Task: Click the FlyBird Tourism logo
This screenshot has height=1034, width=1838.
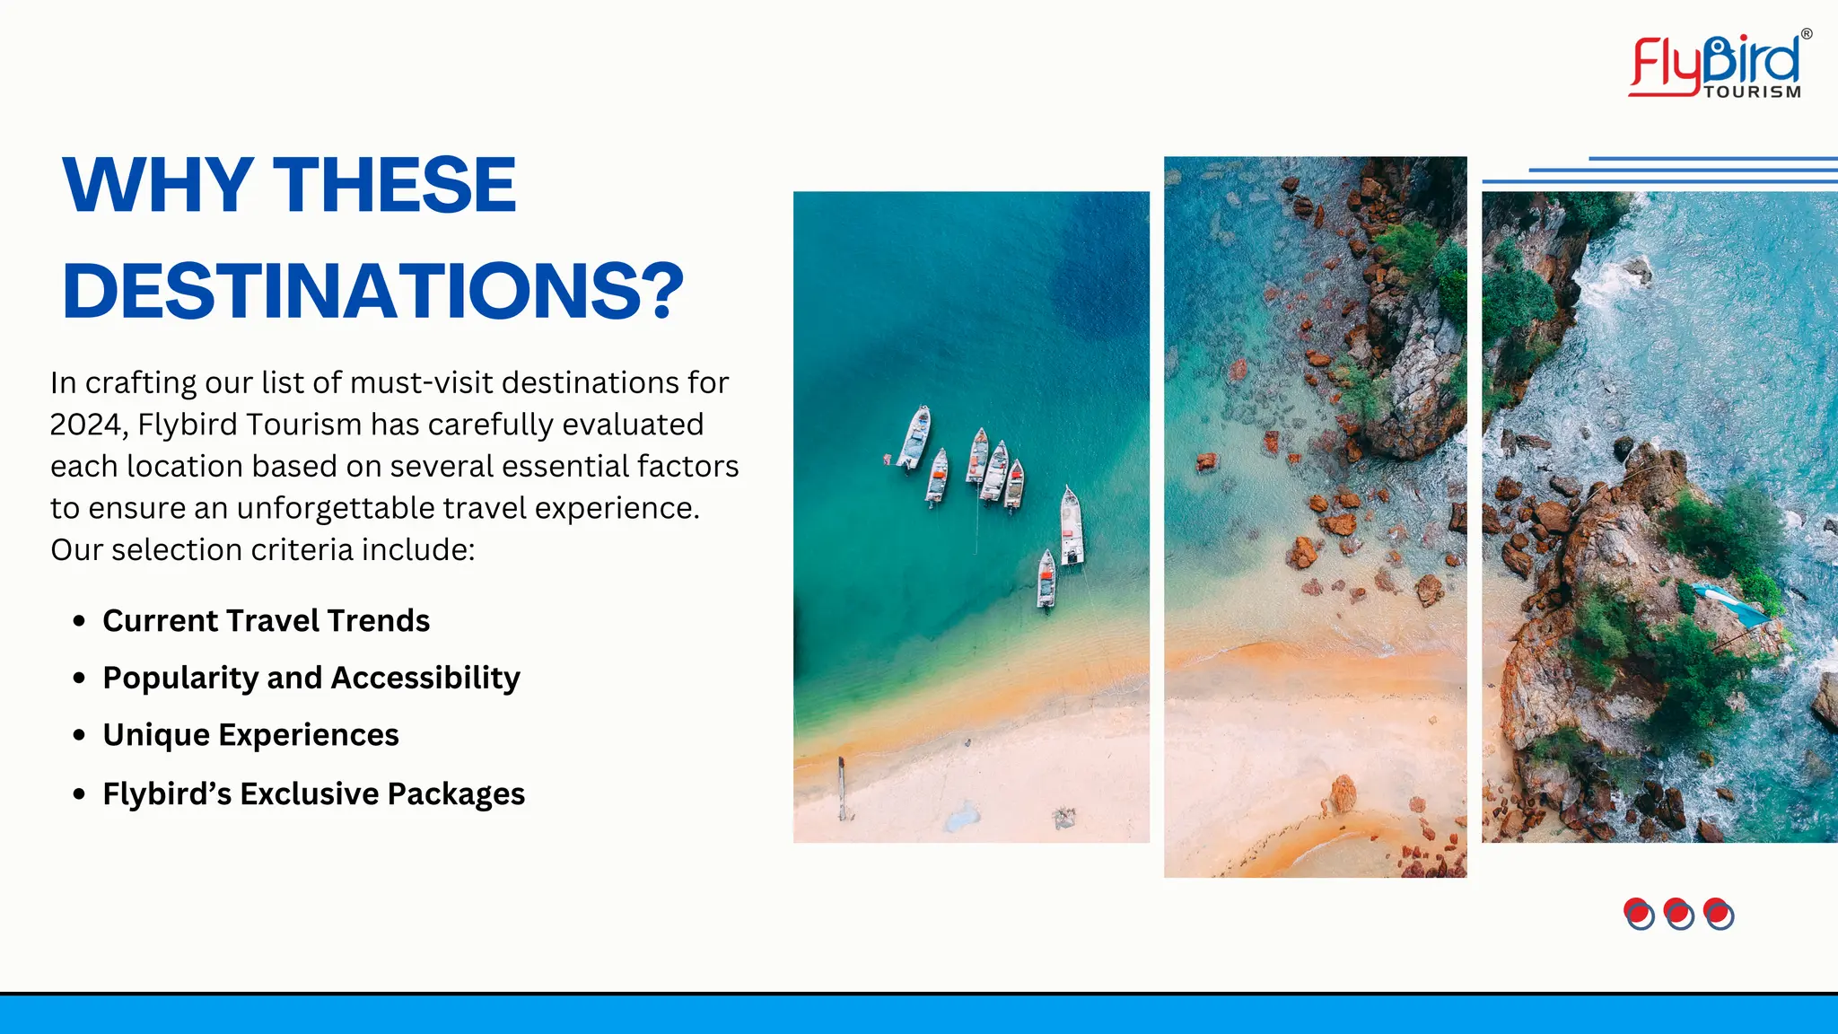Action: click(x=1717, y=65)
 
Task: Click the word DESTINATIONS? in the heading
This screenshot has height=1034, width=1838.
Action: click(x=372, y=292)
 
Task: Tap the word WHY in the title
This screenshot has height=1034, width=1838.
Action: click(x=158, y=185)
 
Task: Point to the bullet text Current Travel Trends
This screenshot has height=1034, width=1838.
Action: click(x=266, y=621)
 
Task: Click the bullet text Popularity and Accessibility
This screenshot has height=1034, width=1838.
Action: click(x=311, y=678)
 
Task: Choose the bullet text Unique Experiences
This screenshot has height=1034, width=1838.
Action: click(x=250, y=735)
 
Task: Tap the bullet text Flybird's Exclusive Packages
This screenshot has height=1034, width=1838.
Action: click(x=313, y=794)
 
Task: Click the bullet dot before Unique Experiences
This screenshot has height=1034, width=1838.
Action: click(x=80, y=735)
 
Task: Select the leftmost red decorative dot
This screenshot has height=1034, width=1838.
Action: click(x=1639, y=913)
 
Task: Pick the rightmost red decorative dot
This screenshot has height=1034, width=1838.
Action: click(x=1718, y=913)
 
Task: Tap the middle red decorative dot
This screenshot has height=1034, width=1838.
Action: click(x=1678, y=913)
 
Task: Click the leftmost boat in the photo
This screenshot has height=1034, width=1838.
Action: click(x=915, y=437)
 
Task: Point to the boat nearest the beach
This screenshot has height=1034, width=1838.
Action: click(x=1046, y=579)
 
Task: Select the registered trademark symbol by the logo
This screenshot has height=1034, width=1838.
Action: click(x=1807, y=34)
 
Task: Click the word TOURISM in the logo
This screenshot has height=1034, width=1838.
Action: click(x=1752, y=92)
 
